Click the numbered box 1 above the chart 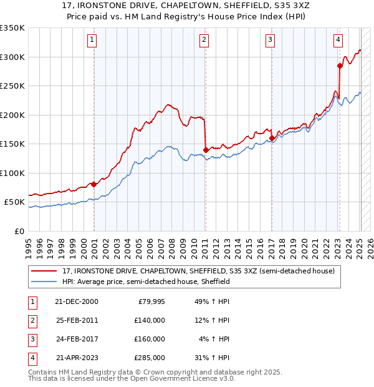92,40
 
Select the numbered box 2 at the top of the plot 204,40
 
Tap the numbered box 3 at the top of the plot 270,40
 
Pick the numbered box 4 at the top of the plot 338,40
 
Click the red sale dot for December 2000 93,184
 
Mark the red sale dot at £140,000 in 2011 206,150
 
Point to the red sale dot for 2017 272,138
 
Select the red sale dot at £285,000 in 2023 340,66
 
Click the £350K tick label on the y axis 12,28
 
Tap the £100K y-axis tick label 12,173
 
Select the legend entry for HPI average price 146,282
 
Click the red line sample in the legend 44,271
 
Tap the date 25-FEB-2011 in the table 77,320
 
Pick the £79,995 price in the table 150,301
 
